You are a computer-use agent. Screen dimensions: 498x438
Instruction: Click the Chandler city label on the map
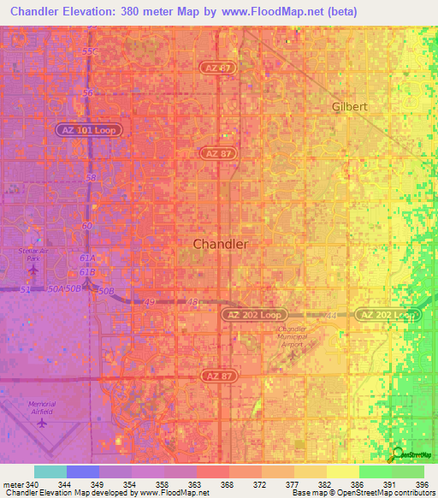221,244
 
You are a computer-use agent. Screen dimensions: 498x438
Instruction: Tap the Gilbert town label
349,107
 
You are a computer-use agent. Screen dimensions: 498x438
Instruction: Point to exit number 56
87,92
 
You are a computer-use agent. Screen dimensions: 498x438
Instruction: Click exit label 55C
90,51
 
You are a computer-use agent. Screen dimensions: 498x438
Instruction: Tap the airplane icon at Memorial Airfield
41,421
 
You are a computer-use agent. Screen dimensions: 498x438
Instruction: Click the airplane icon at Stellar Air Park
34,270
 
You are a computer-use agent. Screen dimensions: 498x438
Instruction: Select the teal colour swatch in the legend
50,471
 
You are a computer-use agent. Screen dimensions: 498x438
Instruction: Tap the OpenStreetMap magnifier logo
397,454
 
